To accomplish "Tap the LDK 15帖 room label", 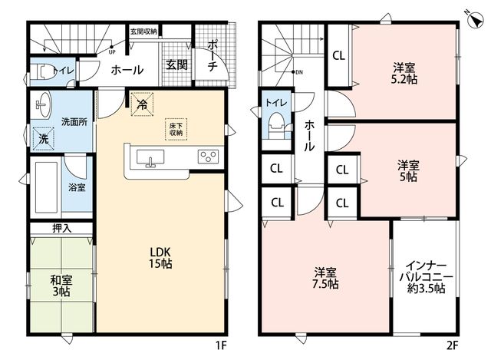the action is pos(160,258).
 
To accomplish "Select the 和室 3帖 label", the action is pos(61,286).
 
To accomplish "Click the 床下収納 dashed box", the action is pos(176,129).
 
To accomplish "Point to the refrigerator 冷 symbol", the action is pos(142,104).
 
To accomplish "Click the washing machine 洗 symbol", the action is pos(44,139).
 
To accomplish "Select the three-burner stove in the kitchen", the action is pos(208,157).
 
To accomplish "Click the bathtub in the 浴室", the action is pos(46,187).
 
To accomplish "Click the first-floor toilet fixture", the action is pos(41,72).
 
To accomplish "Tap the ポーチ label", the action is pos(213,55).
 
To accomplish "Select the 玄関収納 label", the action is pos(143,31).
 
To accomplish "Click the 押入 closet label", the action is pos(61,229).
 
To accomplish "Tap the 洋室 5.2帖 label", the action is pos(404,74).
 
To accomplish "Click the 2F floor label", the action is pos(452,345).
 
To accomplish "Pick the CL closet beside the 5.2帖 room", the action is pos(338,56).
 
